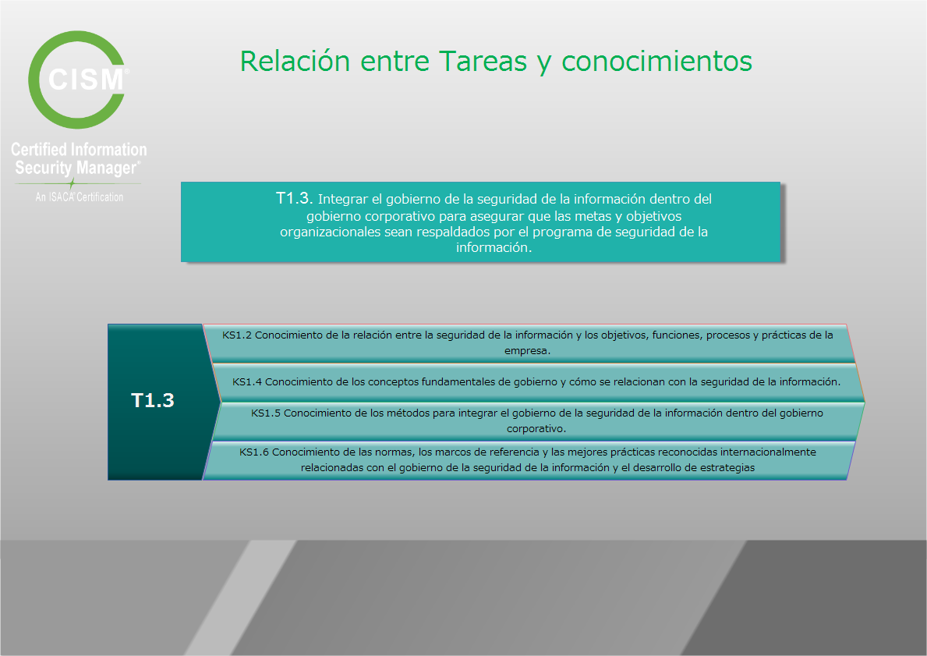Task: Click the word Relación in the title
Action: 295,61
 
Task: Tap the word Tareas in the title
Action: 483,61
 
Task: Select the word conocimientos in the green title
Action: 656,61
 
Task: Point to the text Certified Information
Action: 79,149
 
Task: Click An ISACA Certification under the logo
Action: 80,197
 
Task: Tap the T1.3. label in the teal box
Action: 294,198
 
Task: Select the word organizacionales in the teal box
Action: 330,232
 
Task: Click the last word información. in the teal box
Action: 494,248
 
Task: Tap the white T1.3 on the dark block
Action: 153,400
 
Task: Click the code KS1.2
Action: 236,335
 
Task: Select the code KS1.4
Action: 247,382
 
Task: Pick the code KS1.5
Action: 265,413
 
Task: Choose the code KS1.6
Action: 254,452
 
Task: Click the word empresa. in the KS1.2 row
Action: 527,351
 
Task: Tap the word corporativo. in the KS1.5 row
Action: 536,429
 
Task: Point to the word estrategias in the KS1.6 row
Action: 725,468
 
